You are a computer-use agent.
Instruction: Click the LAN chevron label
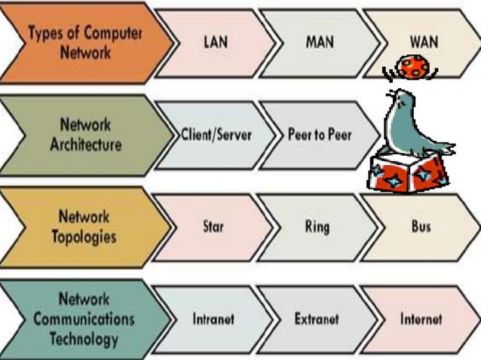pyautogui.click(x=215, y=41)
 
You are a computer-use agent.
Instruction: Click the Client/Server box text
pyautogui.click(x=216, y=135)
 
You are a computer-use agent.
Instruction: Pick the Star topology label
pyautogui.click(x=213, y=226)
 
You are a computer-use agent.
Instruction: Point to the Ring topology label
pyautogui.click(x=317, y=227)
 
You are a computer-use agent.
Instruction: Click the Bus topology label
pyautogui.click(x=421, y=226)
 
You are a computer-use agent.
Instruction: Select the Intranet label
pyautogui.click(x=213, y=319)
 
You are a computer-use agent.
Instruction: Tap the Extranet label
pyautogui.click(x=317, y=319)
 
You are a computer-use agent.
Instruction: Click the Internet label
pyautogui.click(x=421, y=319)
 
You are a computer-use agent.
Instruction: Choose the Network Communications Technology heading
pyautogui.click(x=84, y=318)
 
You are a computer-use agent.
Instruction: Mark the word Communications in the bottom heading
pyautogui.click(x=84, y=318)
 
